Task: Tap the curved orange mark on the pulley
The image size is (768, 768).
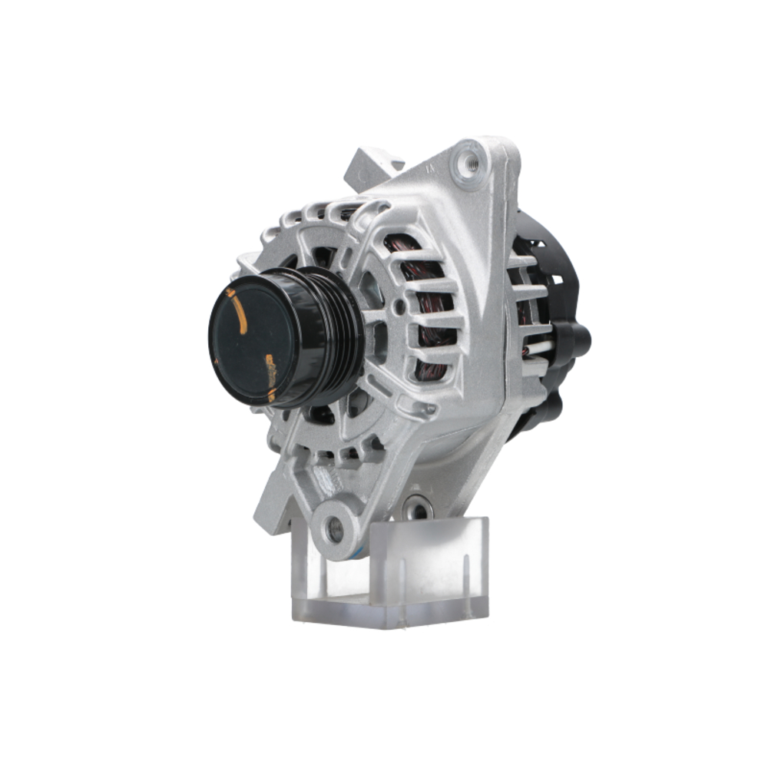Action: click(x=240, y=311)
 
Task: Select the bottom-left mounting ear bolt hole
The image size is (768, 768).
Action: click(x=335, y=526)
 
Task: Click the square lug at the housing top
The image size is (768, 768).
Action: click(x=372, y=163)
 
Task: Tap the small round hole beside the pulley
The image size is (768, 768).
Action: click(x=400, y=307)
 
